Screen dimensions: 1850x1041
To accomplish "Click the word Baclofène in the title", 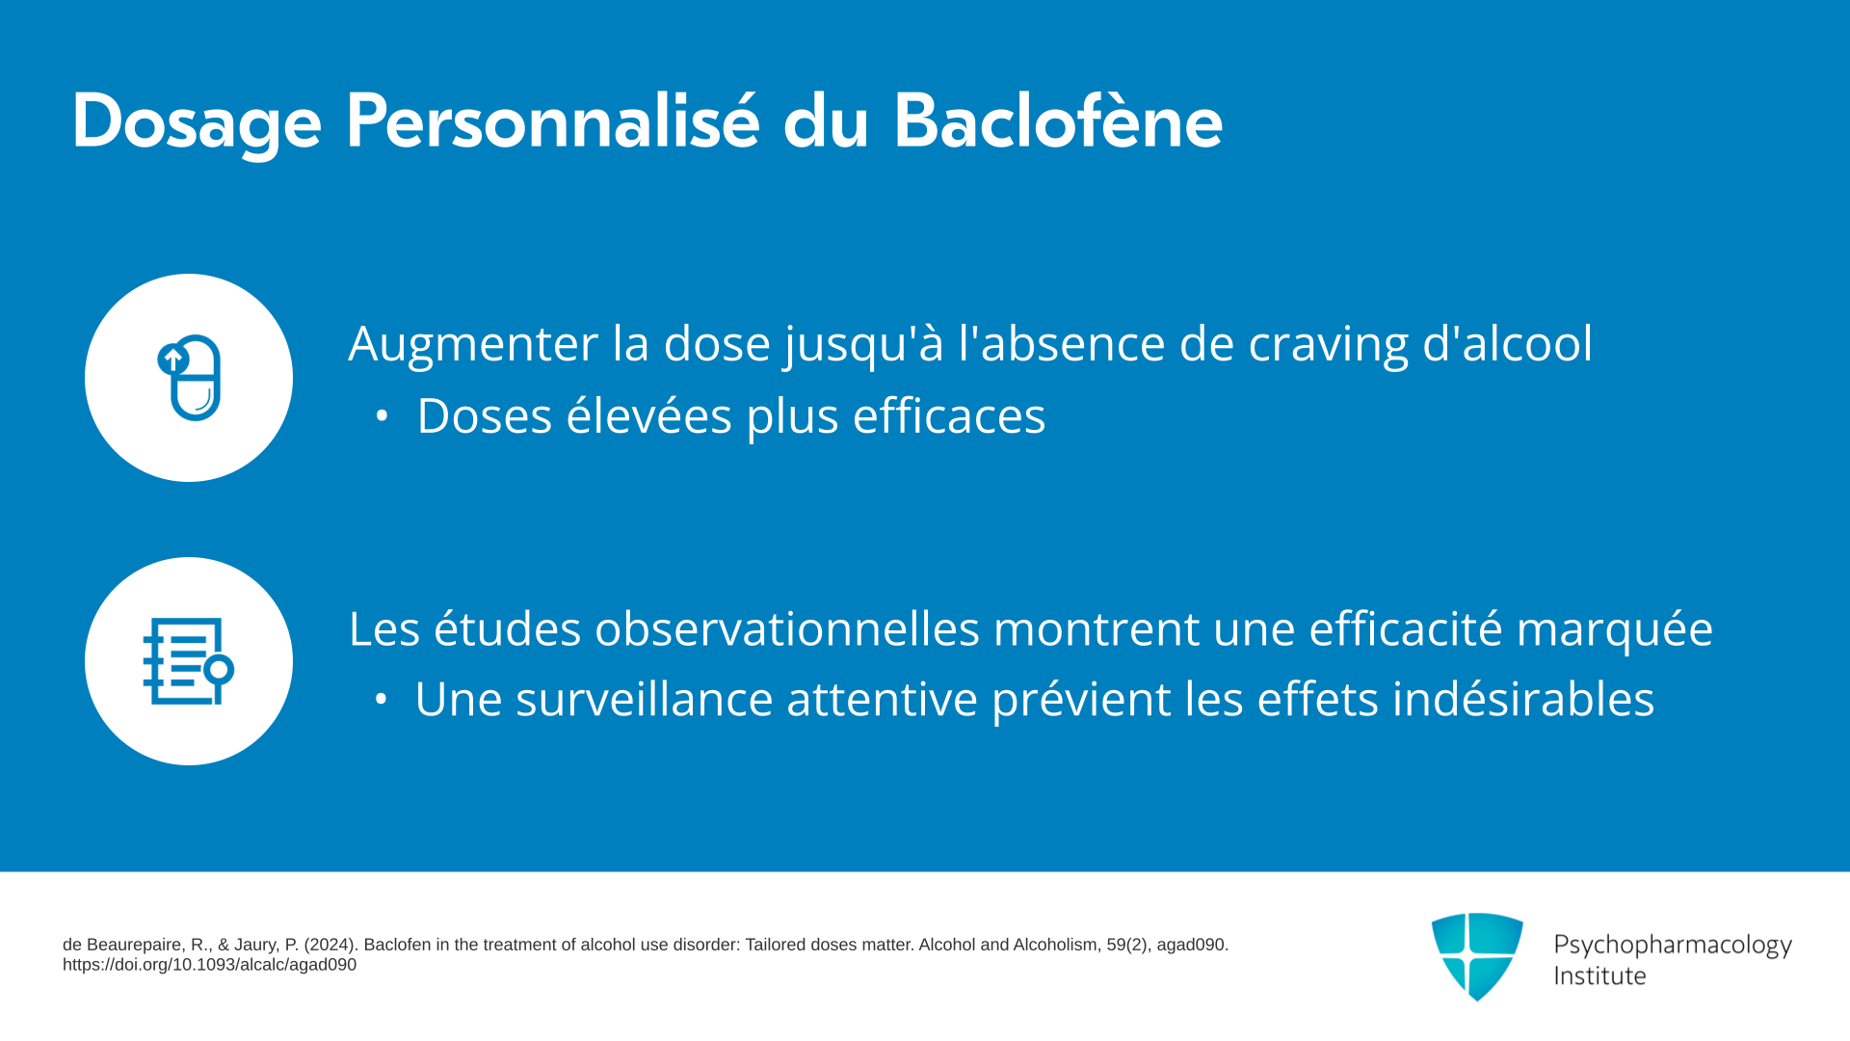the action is tap(1058, 122).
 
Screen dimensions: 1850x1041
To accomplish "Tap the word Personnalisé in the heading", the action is tap(553, 122).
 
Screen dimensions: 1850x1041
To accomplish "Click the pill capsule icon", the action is tap(190, 378).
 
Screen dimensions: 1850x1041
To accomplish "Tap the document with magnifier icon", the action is tap(189, 661).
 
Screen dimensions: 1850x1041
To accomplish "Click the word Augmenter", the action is tap(473, 344).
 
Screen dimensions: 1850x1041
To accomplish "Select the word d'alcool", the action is tap(1507, 343).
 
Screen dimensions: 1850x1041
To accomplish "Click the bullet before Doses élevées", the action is tap(383, 416).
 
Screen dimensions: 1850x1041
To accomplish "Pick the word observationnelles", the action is tap(787, 628).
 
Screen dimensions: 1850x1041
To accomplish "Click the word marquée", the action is tap(1615, 630).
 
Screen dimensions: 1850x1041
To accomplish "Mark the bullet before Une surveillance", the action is tap(382, 700).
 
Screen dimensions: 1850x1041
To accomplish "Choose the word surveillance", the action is tap(645, 700).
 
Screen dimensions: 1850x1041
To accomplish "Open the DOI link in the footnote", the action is tap(209, 965).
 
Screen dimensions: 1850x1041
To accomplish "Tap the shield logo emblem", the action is tap(1477, 956).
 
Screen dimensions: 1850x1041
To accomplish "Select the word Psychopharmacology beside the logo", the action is tap(1673, 946).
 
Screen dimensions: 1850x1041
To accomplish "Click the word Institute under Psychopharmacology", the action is tap(1599, 976).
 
